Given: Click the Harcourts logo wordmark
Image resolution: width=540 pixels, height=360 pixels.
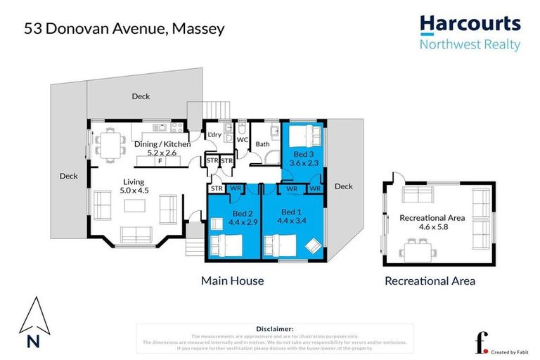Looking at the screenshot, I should pos(470,25).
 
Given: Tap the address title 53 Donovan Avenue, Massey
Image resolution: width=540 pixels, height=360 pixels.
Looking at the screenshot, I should pos(125,29).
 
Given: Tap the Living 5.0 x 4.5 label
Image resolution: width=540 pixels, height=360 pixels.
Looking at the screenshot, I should pos(133,186).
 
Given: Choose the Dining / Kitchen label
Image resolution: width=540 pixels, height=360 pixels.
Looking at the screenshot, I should pos(162,144).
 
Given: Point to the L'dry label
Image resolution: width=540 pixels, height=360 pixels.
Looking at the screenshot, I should pos(214,135).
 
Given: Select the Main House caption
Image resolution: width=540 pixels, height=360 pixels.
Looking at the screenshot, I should pos(232,281).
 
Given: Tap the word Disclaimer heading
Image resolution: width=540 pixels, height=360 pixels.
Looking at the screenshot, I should pos(276,328).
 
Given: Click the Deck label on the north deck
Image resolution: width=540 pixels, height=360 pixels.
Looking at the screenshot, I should pos(141,96).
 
